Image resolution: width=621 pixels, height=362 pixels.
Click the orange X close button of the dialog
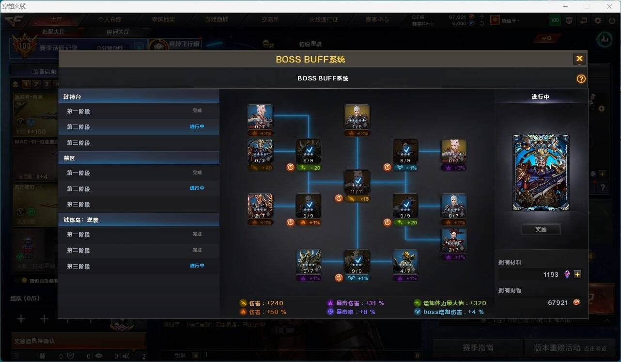pos(579,59)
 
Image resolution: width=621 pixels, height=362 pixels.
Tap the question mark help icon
pos(581,79)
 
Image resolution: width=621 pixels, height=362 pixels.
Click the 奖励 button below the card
pos(541,229)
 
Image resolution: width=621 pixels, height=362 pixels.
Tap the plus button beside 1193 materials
pos(577,274)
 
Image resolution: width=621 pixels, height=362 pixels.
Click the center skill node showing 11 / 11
pos(357,182)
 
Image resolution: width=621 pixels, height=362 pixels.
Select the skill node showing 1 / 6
pos(357,117)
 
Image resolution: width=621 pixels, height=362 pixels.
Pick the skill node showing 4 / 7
pos(405,262)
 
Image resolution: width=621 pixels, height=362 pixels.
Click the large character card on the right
pos(541,173)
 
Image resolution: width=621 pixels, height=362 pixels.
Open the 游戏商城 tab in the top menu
pos(217,20)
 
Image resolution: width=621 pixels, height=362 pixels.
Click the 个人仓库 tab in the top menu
pos(109,20)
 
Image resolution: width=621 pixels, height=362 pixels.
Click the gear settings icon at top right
pos(598,20)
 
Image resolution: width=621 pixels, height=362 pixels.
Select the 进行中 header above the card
pos(541,96)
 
